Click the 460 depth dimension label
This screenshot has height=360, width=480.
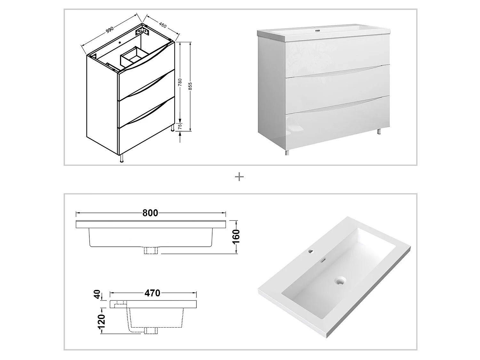pyautogui.click(x=163, y=25)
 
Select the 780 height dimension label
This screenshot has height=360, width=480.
pyautogui.click(x=180, y=82)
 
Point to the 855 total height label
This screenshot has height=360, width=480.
pyautogui.click(x=190, y=86)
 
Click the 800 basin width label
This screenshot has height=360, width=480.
pyautogui.click(x=150, y=213)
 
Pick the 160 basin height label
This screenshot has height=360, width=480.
pyautogui.click(x=236, y=236)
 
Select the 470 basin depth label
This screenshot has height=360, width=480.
pyautogui.click(x=152, y=293)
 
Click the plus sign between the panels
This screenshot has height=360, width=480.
pyautogui.click(x=239, y=177)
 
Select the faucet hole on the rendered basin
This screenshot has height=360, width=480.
pyautogui.click(x=310, y=252)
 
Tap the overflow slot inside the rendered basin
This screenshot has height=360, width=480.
pyautogui.click(x=324, y=260)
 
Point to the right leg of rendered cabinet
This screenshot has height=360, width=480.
pyautogui.click(x=379, y=131)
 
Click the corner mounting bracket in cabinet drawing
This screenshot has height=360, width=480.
pyautogui.click(x=142, y=32)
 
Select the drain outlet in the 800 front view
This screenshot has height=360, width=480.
pyautogui.click(x=151, y=251)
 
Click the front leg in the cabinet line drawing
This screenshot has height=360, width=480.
pyautogui.click(x=122, y=158)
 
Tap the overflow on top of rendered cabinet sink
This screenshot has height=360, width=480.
pyautogui.click(x=317, y=31)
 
